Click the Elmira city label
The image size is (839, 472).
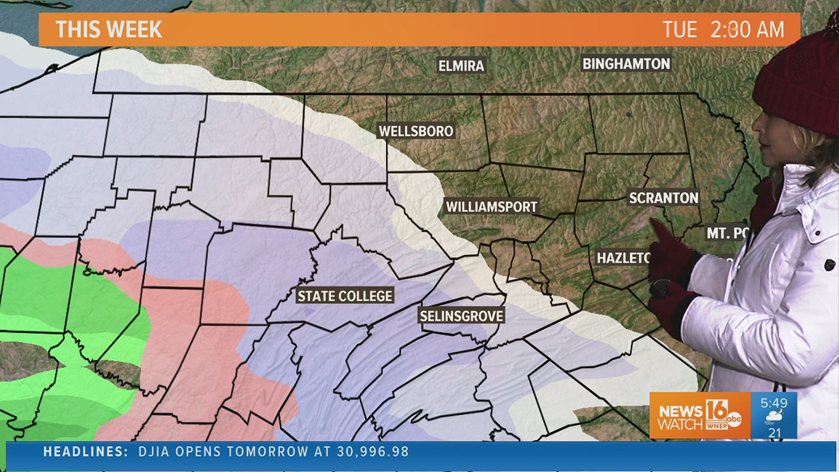(x=461, y=66)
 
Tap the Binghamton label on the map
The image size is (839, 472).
(x=626, y=64)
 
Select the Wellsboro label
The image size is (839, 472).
(x=416, y=131)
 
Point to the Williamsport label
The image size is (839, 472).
(x=491, y=207)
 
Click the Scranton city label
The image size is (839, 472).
(x=663, y=198)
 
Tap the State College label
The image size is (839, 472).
(x=345, y=296)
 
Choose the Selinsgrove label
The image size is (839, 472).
(x=461, y=316)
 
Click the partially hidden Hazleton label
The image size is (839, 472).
(x=623, y=258)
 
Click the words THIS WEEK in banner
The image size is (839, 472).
(x=109, y=30)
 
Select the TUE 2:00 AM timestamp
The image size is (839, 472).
(x=723, y=30)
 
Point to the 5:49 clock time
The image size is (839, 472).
(x=774, y=403)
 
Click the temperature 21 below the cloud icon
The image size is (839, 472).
(x=774, y=433)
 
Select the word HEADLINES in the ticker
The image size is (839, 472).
(x=85, y=451)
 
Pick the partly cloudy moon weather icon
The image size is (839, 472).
(x=774, y=417)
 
